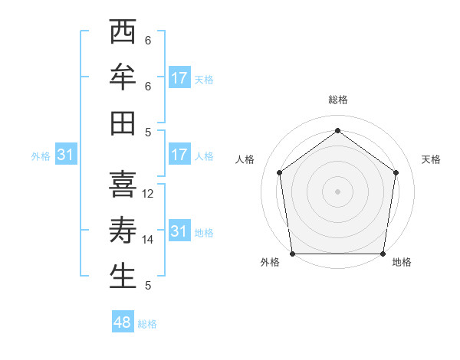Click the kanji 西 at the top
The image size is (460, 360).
pyautogui.click(x=123, y=33)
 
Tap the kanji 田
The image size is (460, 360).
pyautogui.click(x=123, y=123)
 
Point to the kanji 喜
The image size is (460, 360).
pyautogui.click(x=123, y=185)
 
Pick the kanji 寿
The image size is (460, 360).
pyautogui.click(x=123, y=230)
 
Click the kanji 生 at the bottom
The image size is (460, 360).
pyautogui.click(x=123, y=276)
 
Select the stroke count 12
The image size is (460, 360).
pyautogui.click(x=149, y=194)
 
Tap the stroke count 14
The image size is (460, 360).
pyautogui.click(x=149, y=240)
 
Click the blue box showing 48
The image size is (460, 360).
pyautogui.click(x=123, y=322)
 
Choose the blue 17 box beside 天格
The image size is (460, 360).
pyautogui.click(x=179, y=78)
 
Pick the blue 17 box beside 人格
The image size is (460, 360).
pyautogui.click(x=179, y=155)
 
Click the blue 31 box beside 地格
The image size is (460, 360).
pyautogui.click(x=179, y=231)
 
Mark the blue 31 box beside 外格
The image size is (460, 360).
pyautogui.click(x=65, y=155)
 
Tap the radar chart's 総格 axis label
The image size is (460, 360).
pyautogui.click(x=337, y=100)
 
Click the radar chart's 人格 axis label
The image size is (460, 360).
pyautogui.click(x=245, y=159)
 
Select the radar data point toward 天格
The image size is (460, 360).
pyautogui.click(x=396, y=172)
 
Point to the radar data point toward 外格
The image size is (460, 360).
pyautogui.click(x=292, y=254)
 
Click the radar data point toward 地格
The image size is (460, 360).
pyautogui.click(x=383, y=254)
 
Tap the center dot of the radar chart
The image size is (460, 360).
pyautogui.click(x=337, y=191)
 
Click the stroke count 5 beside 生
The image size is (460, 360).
pyautogui.click(x=147, y=286)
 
